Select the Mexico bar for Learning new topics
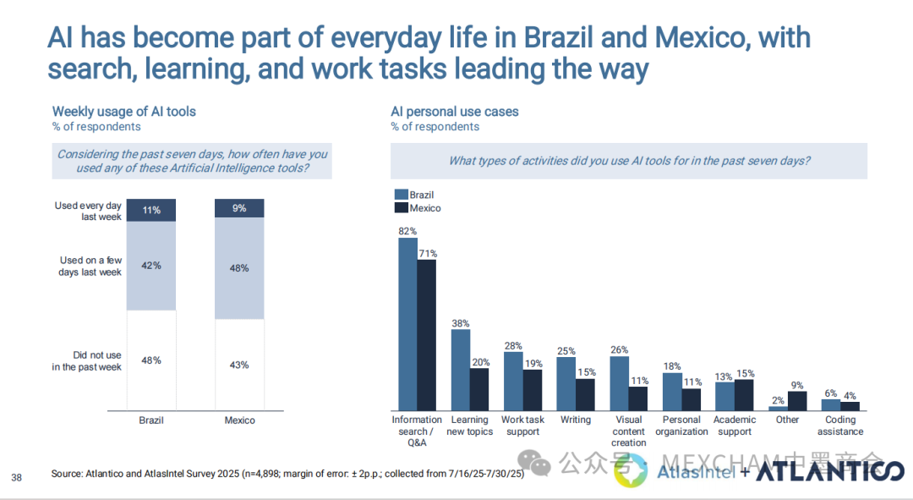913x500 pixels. pos(479,389)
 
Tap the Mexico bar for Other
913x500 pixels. pos(797,401)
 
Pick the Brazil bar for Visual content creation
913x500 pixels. pos(619,383)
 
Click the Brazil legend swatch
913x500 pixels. pos(400,195)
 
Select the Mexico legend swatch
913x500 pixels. pos(400,208)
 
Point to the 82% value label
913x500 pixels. pos(407,230)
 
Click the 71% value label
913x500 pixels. pos(428,252)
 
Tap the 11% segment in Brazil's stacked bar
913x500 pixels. pos(151,210)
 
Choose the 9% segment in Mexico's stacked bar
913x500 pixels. pos(239,208)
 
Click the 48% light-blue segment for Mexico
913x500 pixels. pos(239,268)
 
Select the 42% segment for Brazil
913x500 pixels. pos(151,266)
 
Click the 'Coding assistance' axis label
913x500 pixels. pos(840,426)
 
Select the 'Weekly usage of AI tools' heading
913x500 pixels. pos(123,112)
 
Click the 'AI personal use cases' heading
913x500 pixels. pos(454,112)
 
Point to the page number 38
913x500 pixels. pos(17,478)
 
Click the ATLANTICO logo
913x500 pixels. pos(828,473)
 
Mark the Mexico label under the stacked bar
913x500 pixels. pos(239,420)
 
